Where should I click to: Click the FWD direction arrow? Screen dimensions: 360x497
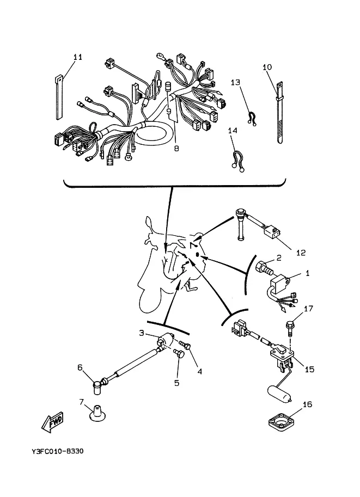point(53,421)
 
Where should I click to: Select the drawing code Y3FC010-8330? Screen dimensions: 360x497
point(57,451)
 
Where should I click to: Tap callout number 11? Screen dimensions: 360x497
point(78,57)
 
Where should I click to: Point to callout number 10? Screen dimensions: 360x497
point(267,67)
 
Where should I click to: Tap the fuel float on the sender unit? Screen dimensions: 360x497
point(279,394)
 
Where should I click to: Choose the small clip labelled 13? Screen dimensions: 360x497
point(251,119)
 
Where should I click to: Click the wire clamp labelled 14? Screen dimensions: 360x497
point(237,161)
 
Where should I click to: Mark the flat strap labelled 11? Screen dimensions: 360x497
point(59,97)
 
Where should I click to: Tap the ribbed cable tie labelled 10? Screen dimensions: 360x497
point(279,113)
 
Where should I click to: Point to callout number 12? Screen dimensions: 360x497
point(301,253)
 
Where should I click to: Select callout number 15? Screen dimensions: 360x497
point(309,369)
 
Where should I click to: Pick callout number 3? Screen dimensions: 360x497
point(142,333)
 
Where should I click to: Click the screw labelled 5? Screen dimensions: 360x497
point(179,353)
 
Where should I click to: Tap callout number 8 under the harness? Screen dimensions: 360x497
point(176,148)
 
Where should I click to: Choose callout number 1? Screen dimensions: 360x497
point(307,273)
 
